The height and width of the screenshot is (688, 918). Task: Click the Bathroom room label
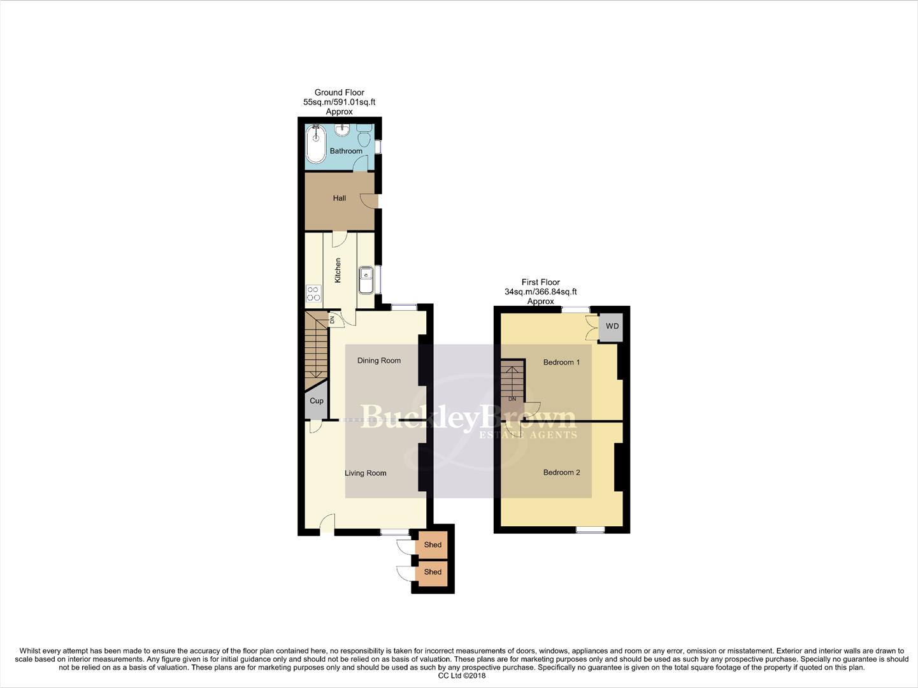[346, 151]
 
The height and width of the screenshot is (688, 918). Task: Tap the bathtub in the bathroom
[315, 144]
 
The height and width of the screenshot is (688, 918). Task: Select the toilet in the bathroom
[364, 136]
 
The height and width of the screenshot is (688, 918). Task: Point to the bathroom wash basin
[343, 130]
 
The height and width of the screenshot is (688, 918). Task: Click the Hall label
[340, 198]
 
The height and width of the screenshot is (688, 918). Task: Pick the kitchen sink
[366, 280]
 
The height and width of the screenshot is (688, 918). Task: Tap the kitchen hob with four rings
[313, 293]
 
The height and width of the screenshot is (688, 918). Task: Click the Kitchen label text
[338, 270]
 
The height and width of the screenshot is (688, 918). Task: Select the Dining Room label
[379, 361]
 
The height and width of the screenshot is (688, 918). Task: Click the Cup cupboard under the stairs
[317, 401]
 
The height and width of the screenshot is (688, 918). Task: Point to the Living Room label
[366, 473]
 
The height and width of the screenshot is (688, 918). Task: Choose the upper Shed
[433, 545]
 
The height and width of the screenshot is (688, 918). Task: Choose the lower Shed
[433, 572]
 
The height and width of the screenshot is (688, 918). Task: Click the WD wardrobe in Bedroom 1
[612, 326]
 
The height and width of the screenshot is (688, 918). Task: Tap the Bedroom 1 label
[561, 362]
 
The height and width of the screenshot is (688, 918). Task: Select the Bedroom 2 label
[561, 473]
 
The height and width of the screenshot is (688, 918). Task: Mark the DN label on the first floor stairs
[512, 399]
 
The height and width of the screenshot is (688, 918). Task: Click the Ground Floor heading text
[340, 92]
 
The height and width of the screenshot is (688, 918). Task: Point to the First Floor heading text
[541, 282]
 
